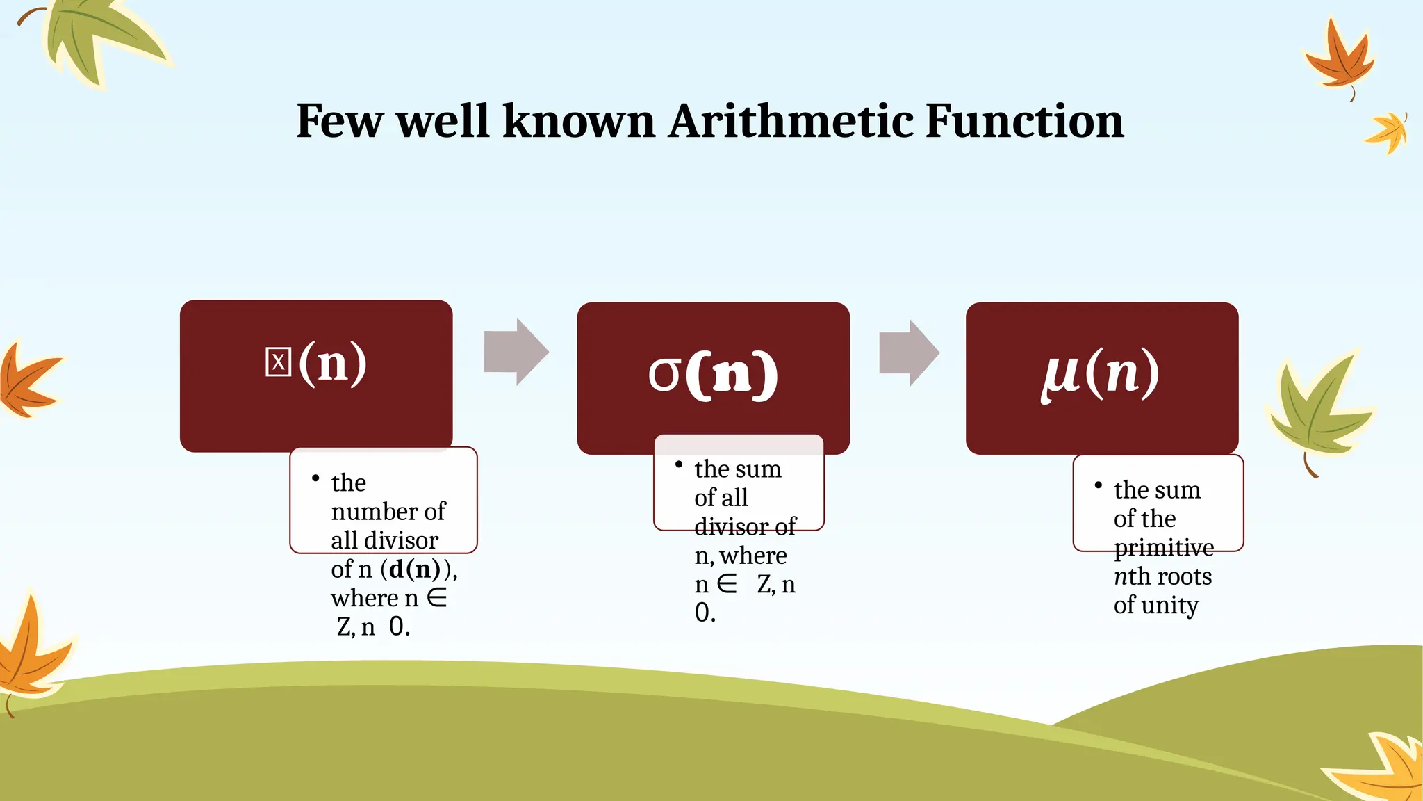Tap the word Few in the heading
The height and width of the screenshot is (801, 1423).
(339, 121)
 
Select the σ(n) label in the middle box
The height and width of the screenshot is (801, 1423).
(713, 374)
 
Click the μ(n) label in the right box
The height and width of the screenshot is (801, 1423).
(1101, 374)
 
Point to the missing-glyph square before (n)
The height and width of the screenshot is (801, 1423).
(278, 362)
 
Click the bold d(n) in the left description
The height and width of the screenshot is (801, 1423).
(415, 569)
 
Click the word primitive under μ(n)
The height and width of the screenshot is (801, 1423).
(1164, 548)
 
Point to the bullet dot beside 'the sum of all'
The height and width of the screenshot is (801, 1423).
(679, 464)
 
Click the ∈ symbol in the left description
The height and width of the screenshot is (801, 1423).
(437, 597)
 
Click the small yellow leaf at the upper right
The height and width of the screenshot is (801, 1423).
(1388, 132)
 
